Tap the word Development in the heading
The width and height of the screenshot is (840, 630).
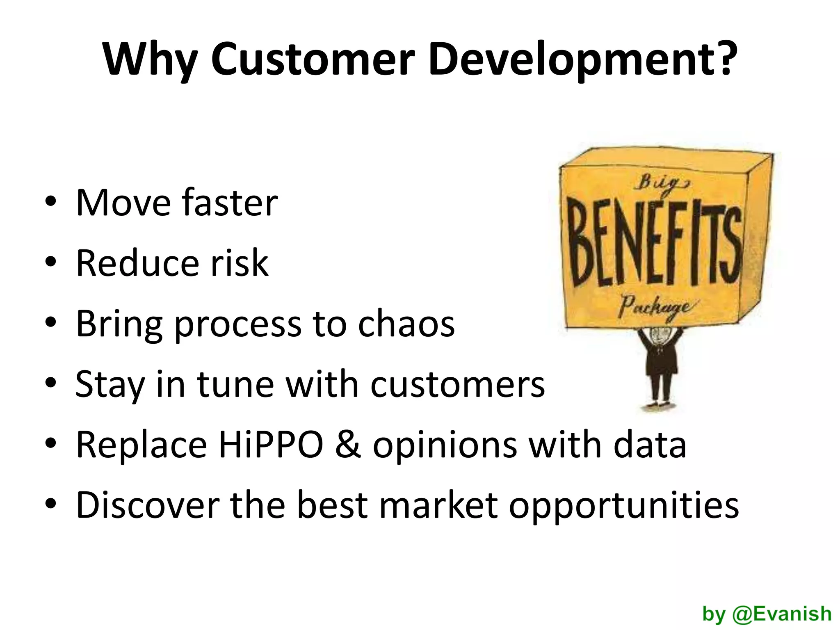(x=580, y=59)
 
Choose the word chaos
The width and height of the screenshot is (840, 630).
(x=406, y=324)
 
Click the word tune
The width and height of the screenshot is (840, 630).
(x=235, y=384)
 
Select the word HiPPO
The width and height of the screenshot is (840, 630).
(x=271, y=445)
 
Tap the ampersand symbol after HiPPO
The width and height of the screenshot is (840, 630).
(x=348, y=445)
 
